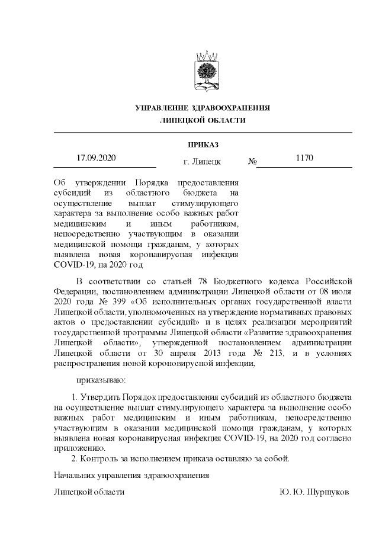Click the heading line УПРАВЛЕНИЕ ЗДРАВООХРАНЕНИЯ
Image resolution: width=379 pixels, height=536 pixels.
203,108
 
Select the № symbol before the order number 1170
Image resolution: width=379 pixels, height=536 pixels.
251,161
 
